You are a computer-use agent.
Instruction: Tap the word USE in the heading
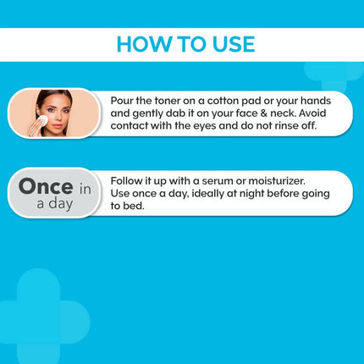pos(229,44)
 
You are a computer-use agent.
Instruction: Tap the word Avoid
pos(313,113)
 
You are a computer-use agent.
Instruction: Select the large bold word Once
pos(47,187)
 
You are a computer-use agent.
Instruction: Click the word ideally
pos(212,193)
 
